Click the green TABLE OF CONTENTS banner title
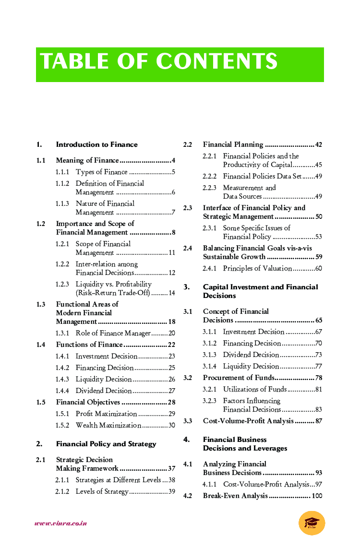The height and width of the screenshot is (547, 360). pyautogui.click(x=159, y=62)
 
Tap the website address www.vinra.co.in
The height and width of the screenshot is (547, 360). pyautogui.click(x=60, y=523)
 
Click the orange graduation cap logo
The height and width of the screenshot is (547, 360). pyautogui.click(x=312, y=523)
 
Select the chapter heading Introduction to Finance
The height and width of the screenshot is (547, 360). pyautogui.click(x=96, y=144)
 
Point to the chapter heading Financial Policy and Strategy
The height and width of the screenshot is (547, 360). pyautogui.click(x=106, y=444)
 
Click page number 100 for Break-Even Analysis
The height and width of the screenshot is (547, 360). pyautogui.click(x=317, y=496)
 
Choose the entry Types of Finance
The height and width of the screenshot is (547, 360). pyautogui.click(x=102, y=172)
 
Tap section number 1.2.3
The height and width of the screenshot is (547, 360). pyautogui.click(x=62, y=284)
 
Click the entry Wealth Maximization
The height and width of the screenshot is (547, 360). pyautogui.click(x=108, y=425)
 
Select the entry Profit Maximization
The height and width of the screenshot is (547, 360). pyautogui.click(x=106, y=414)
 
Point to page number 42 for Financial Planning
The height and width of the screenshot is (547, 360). pyautogui.click(x=318, y=144)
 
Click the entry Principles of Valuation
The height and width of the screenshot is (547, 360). pyautogui.click(x=257, y=268)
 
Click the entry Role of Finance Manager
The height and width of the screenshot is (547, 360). pyautogui.click(x=113, y=333)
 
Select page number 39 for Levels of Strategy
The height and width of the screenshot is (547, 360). pyautogui.click(x=171, y=491)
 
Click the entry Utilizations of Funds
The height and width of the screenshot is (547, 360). pyautogui.click(x=255, y=389)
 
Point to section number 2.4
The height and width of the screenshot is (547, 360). pyautogui.click(x=188, y=248)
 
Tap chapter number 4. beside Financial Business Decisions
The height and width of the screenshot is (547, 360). pyautogui.click(x=186, y=440)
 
